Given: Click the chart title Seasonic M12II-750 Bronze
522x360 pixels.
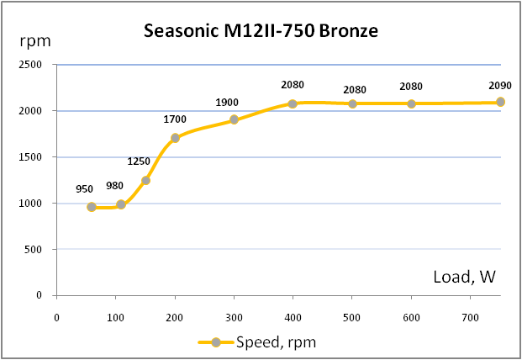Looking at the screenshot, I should coord(261,33).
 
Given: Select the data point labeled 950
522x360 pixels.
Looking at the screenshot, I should coord(92,206).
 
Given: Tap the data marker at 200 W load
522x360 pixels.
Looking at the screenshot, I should coord(175,138).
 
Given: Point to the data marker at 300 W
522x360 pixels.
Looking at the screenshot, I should coord(234,119).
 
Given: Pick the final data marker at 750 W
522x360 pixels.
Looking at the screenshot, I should coord(500,102).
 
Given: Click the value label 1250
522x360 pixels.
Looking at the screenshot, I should coord(139,161).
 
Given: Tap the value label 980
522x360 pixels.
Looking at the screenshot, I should coord(115,186).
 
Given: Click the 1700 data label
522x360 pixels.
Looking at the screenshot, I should coord(175,119).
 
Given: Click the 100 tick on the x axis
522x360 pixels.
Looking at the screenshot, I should coord(115,317).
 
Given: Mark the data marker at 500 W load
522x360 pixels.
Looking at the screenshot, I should coord(352,103).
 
